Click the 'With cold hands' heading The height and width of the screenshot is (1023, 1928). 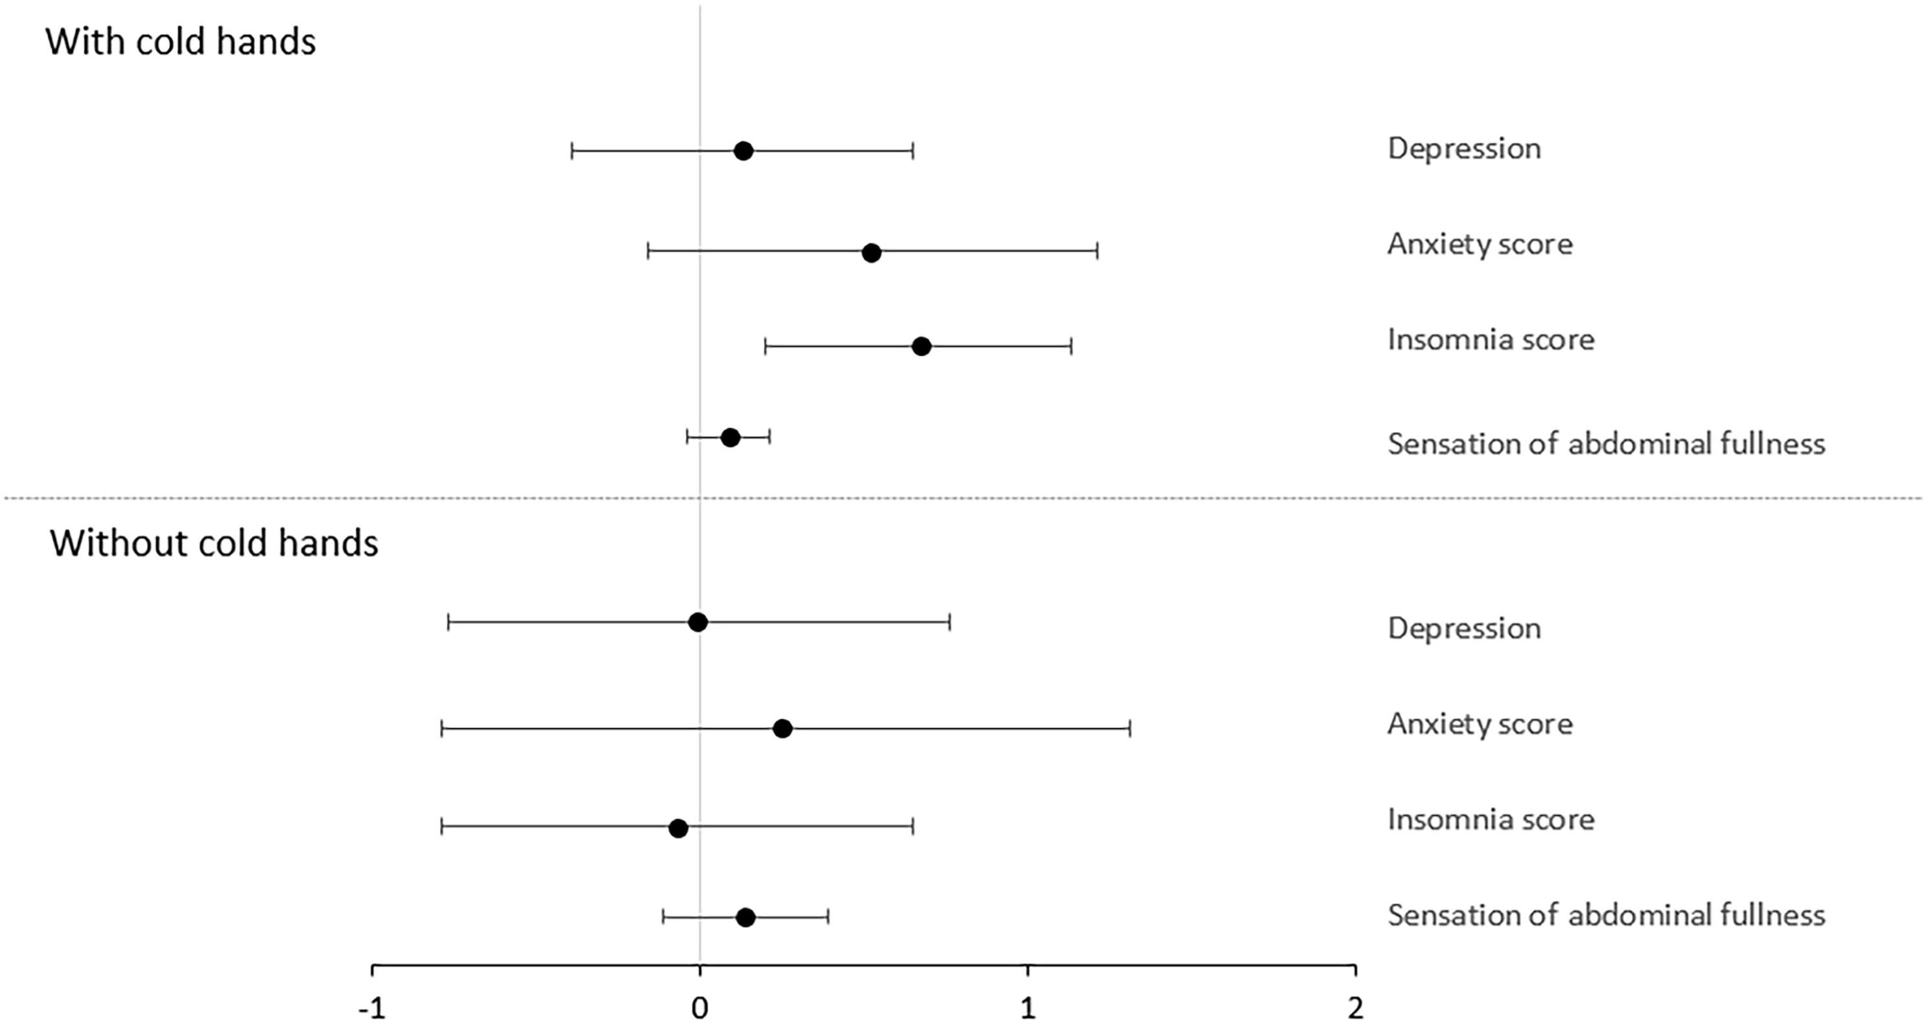(x=180, y=42)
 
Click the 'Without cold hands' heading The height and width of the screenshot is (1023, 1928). (x=214, y=543)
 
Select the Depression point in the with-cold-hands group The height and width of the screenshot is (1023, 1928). (x=743, y=151)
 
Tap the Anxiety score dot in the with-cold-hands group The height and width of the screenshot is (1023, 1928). (x=871, y=253)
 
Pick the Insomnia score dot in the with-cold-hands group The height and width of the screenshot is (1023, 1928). (x=922, y=347)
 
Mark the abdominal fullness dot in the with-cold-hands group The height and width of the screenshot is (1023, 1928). (x=730, y=438)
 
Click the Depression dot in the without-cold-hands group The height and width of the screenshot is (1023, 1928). (x=697, y=622)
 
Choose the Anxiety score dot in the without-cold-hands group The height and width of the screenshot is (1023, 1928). (x=782, y=729)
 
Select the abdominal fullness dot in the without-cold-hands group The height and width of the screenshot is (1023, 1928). (x=745, y=917)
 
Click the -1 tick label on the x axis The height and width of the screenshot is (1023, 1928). (x=372, y=1009)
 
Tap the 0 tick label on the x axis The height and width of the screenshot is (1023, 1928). (x=700, y=1009)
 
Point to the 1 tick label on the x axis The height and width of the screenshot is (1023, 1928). (x=1028, y=1009)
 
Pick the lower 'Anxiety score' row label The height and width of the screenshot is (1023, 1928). (x=1480, y=724)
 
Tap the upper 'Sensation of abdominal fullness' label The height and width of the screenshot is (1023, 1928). (x=1606, y=444)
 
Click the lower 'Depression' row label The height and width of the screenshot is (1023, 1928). (x=1464, y=628)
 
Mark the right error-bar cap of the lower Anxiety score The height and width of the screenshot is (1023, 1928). (x=1130, y=729)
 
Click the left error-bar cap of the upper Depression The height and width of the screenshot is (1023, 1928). (x=572, y=151)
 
